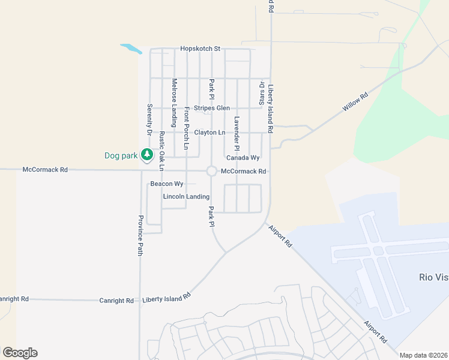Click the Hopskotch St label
point(200,49)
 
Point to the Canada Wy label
point(243,158)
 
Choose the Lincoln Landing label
point(186,197)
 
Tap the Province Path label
point(140,235)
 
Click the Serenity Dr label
point(149,119)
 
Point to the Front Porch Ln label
point(187,128)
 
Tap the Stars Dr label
point(262,92)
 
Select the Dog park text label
point(121,155)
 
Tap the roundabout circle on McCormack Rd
point(211,171)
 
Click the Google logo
point(20,353)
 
